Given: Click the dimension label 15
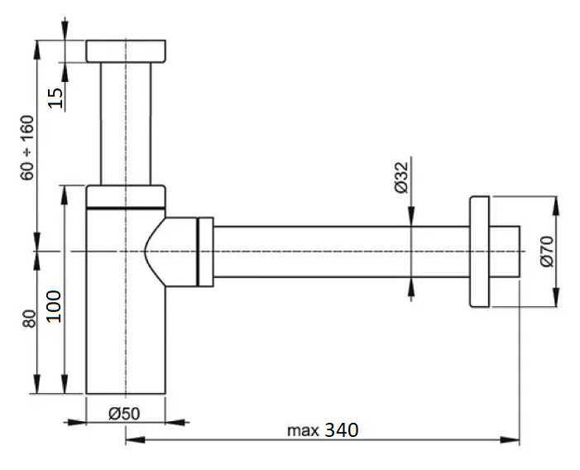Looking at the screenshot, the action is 56,98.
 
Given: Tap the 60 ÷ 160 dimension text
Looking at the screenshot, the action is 27,148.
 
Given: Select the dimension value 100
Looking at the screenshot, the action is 54,306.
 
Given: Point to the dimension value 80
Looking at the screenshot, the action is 29,319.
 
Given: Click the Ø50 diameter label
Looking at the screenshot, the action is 124,414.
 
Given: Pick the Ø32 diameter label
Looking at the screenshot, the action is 401,178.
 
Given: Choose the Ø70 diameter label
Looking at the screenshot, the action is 547,252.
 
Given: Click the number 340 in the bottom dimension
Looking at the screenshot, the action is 342,430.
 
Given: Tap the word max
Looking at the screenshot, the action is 303,431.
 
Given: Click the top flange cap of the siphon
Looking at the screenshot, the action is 126,51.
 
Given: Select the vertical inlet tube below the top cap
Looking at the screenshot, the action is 126,123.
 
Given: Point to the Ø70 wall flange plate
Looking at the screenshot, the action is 479,252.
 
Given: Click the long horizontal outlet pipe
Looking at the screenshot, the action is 342,252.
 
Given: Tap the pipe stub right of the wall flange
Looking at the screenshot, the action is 505,252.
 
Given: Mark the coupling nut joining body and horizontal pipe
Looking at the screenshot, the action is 206,252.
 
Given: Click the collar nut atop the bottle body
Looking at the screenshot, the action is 126,196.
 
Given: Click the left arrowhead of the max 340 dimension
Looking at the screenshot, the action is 135,440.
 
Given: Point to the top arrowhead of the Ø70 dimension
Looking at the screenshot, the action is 555,205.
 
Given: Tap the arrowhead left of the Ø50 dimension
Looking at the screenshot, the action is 75,422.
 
